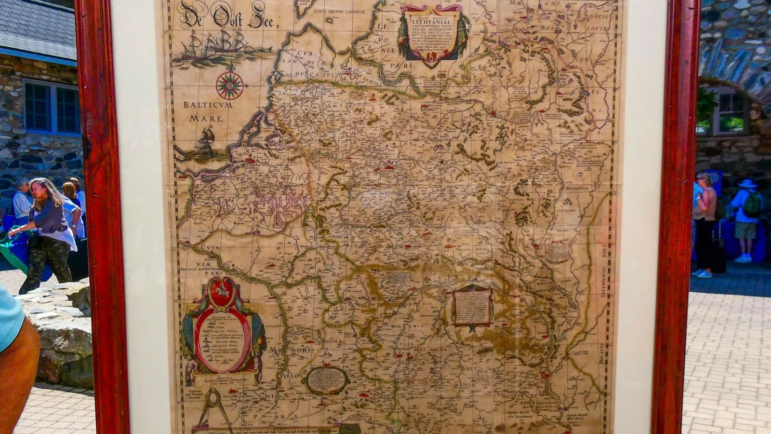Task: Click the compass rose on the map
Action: (229, 85)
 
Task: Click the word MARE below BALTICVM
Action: (205, 118)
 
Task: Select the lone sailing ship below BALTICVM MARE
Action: (205, 141)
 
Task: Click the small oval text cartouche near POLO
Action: (326, 380)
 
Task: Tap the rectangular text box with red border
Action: (473, 305)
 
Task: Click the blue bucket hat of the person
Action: (747, 183)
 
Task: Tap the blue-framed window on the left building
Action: (52, 108)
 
